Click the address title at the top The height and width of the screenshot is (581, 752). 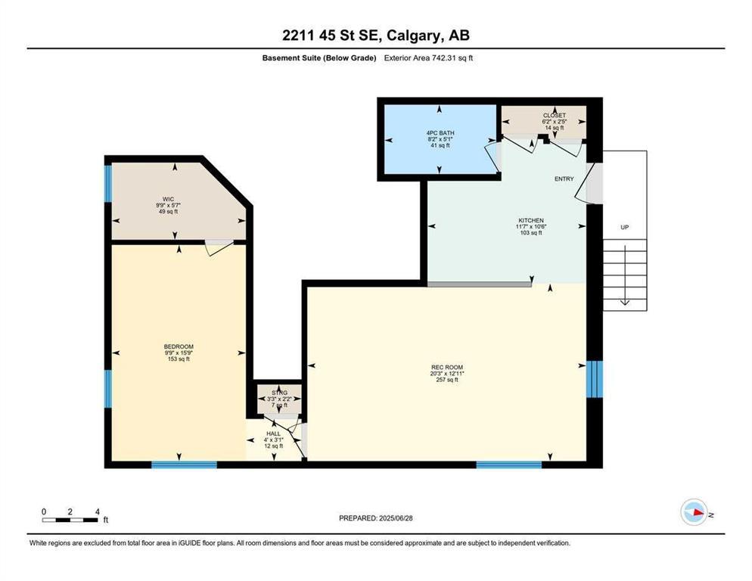coord(375,36)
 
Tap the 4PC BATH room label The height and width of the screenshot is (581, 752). coord(439,132)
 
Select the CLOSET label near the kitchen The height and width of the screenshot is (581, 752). coord(554,116)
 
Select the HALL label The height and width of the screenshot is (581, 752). coord(272,434)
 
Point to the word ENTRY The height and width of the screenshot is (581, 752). coord(564,179)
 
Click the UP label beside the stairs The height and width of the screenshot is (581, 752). coord(624,227)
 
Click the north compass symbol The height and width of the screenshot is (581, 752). coord(693,513)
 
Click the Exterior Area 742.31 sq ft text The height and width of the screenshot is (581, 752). coord(432,57)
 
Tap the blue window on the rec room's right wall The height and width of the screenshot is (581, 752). coord(595,379)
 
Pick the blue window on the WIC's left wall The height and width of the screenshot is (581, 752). coord(107,182)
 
